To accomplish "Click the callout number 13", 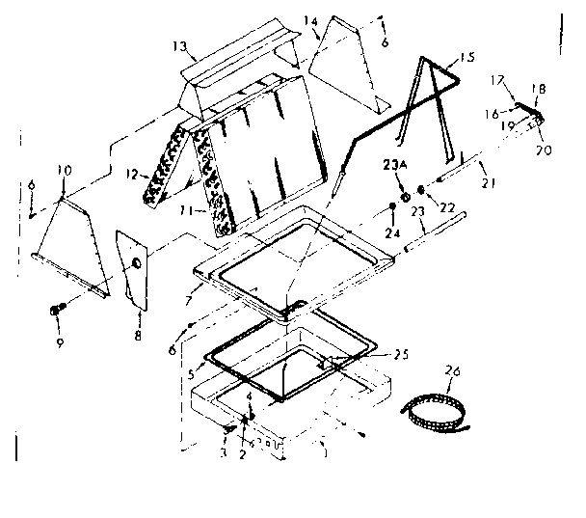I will point(179,45).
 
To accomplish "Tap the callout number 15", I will point(467,58).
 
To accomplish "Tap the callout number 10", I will point(64,171).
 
